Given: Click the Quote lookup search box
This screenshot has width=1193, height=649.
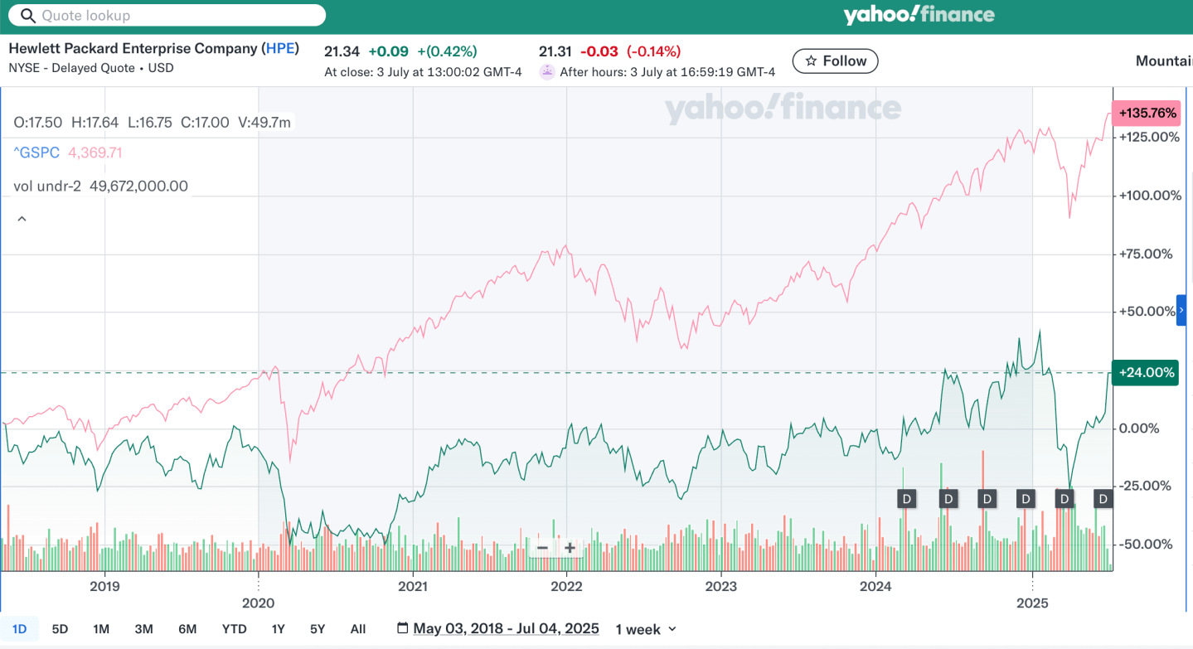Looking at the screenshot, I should coord(166,16).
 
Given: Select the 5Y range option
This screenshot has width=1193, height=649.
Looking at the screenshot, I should coord(318,629).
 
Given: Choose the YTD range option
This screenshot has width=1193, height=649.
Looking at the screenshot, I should coord(235,629).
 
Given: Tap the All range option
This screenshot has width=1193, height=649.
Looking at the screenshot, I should coord(358,629).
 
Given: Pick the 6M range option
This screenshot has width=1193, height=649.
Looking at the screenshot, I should coord(187,629).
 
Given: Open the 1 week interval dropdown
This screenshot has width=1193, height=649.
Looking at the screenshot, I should coord(646,629).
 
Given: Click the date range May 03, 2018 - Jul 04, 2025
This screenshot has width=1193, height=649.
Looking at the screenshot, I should coord(506,629).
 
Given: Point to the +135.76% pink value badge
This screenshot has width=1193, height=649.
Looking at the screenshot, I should coord(1145,113).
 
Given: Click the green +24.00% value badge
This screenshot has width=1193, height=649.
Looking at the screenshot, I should coord(1146,373).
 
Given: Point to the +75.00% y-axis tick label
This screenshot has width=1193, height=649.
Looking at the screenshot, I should coord(1146,254).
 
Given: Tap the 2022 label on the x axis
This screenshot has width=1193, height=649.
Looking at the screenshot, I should coord(567,587).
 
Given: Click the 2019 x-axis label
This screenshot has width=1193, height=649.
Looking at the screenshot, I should coord(104,587).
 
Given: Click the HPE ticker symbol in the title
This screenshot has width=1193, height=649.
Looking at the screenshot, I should coord(280,48).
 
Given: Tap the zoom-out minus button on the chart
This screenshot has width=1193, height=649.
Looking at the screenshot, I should coord(542,548).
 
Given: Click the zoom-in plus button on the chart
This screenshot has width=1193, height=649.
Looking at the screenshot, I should coord(570,548).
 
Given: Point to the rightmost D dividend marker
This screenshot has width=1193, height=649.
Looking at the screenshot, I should coord(1103,499).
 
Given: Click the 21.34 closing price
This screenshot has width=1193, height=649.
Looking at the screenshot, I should coord(342,51).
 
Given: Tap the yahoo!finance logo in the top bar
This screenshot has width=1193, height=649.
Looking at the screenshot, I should coord(919,15).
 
